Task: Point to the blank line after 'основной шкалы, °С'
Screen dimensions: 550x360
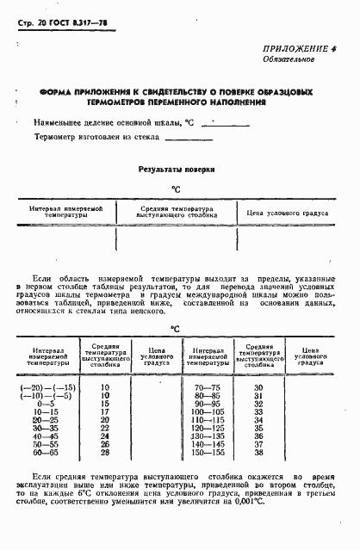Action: coord(223,126)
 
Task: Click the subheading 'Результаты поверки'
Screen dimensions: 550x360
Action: coord(177,170)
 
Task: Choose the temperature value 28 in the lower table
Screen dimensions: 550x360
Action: coord(105,452)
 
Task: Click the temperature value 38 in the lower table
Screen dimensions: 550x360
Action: coord(258,452)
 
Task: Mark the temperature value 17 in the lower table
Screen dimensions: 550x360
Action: coord(105,412)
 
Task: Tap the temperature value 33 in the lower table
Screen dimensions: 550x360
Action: coord(258,412)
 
